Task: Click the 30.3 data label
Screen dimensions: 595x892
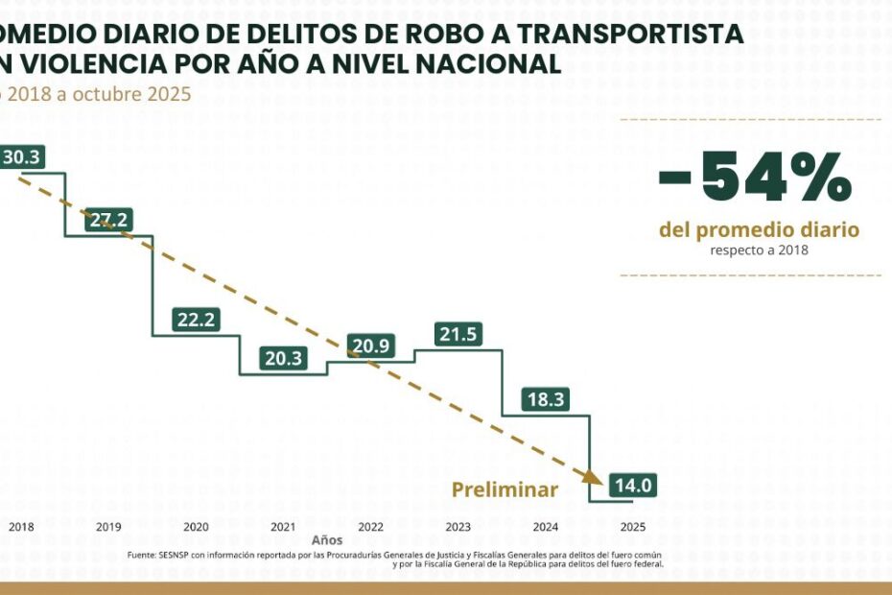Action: click(21, 156)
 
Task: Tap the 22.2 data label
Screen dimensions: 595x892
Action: click(196, 321)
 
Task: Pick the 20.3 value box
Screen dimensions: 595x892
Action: click(283, 359)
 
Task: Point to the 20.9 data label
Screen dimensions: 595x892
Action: click(370, 346)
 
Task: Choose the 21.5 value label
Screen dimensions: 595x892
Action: click(458, 334)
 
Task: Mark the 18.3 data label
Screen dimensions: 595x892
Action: click(545, 400)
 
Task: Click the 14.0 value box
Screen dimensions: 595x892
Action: click(632, 486)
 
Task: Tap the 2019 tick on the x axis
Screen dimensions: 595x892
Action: click(108, 527)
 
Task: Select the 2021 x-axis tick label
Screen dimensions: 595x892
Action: click(283, 527)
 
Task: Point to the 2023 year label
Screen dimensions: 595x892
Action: click(458, 527)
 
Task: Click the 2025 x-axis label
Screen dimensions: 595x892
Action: click(632, 527)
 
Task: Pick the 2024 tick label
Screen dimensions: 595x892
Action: click(545, 527)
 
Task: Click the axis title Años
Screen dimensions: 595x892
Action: click(327, 540)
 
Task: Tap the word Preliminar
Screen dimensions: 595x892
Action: click(505, 489)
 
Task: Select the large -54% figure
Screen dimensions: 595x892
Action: click(755, 178)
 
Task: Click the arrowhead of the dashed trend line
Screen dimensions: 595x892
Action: click(592, 476)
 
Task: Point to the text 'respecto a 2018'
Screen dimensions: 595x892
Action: click(759, 250)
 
